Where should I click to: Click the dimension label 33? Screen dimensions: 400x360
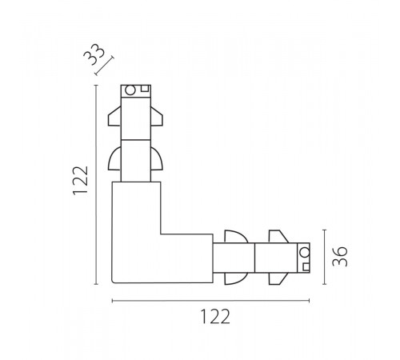pyautogui.click(x=94, y=54)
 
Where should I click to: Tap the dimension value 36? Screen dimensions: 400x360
pyautogui.click(x=340, y=256)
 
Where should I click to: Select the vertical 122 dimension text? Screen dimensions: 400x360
pyautogui.click(x=80, y=180)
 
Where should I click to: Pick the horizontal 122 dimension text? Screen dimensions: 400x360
pyautogui.click(x=214, y=317)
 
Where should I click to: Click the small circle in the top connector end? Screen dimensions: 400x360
pyautogui.click(x=130, y=90)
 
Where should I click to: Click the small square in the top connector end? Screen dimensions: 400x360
pyautogui.click(x=145, y=89)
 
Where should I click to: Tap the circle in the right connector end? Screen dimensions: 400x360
pyautogui.click(x=304, y=252)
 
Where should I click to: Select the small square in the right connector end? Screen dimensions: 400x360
pyautogui.click(x=306, y=267)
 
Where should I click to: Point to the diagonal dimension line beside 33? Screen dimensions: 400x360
pyautogui.click(x=104, y=66)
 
